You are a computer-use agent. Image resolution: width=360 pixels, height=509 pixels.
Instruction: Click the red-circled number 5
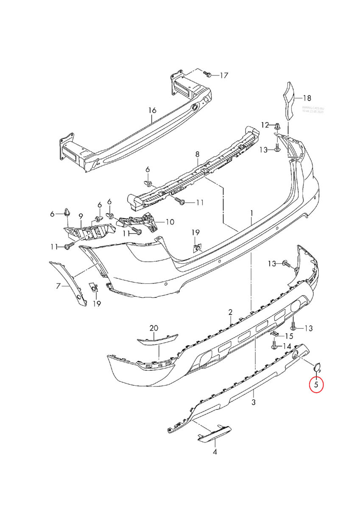point(316,385)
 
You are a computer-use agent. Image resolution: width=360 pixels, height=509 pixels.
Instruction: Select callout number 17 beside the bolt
point(224,76)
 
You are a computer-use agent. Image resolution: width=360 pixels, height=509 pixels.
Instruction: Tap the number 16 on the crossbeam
point(152,110)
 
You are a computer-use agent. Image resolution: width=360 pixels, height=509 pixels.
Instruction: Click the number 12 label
point(265,125)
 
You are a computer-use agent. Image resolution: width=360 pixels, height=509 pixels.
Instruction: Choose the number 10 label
point(170,221)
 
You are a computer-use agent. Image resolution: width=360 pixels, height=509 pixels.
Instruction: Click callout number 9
point(81,216)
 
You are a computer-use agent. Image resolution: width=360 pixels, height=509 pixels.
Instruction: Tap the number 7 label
point(59,286)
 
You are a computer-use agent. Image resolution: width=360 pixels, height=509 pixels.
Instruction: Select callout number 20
point(153,328)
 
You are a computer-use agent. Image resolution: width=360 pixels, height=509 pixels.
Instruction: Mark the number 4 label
point(215,452)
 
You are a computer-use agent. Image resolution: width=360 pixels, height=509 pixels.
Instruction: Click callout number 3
point(254,402)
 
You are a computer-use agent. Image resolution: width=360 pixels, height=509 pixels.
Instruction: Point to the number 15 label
point(289,336)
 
